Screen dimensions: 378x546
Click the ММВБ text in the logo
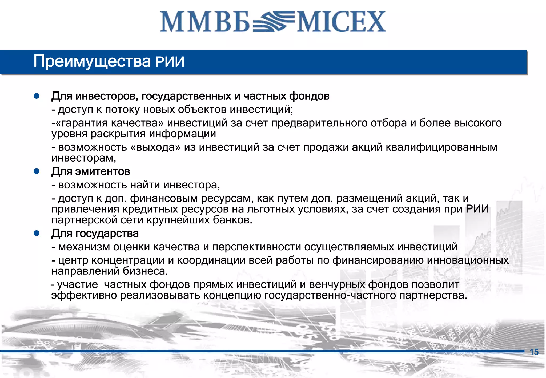[x=205, y=22]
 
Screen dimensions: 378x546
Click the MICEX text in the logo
[x=341, y=22]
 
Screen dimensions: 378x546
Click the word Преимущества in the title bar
[x=92, y=61]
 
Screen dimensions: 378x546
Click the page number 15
[x=534, y=352]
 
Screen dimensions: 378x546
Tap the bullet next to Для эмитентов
[x=37, y=171]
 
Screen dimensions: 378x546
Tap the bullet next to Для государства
[x=37, y=234]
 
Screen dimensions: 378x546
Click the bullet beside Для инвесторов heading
[x=37, y=96]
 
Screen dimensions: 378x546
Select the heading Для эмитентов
[x=91, y=171]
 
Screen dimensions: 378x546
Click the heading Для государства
[x=95, y=234]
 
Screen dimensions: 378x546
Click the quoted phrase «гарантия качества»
[x=110, y=123]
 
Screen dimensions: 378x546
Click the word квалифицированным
[x=441, y=147]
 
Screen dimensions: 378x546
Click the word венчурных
[x=337, y=285]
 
